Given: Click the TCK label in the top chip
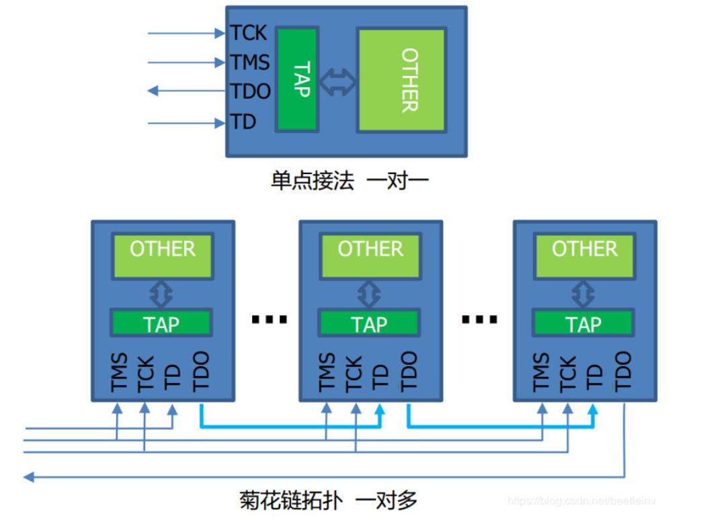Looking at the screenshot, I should (x=249, y=32).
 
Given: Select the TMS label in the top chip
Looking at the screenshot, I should (x=250, y=62).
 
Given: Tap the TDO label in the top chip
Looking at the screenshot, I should (x=250, y=91).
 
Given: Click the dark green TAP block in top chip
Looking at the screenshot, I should (x=296, y=79).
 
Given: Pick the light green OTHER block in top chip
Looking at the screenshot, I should (x=401, y=79).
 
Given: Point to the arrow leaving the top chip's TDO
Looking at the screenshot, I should (x=185, y=91).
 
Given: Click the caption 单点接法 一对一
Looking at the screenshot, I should (x=350, y=181).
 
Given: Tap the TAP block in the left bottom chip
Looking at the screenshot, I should (x=162, y=324).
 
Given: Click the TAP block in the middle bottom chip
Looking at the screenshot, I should (x=370, y=324).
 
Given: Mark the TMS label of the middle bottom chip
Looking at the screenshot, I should (x=327, y=372).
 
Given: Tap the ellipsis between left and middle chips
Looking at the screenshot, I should (x=269, y=320).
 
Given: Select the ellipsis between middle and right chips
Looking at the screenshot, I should (x=479, y=320).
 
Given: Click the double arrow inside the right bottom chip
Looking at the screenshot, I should (x=584, y=294).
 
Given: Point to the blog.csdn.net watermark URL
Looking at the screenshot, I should (x=581, y=501).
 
